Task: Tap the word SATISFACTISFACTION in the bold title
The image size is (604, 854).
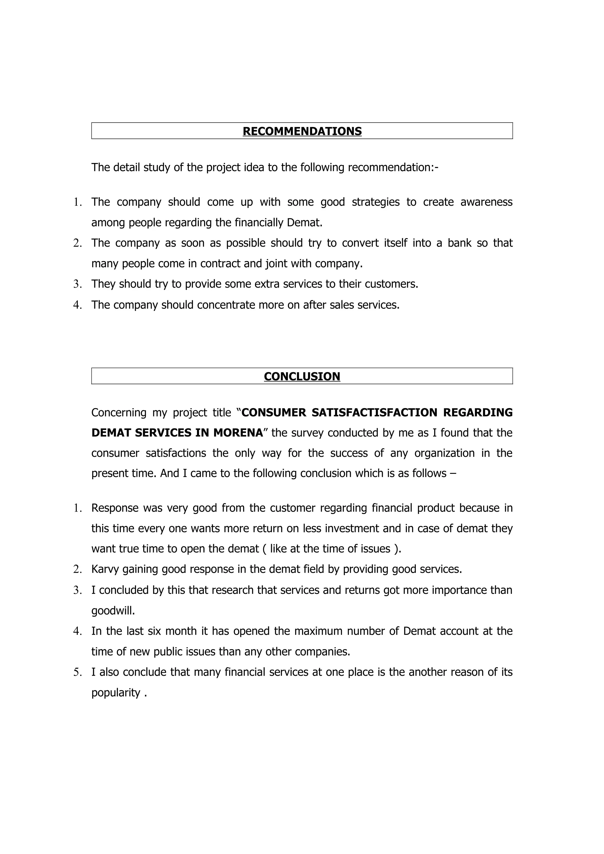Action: [x=374, y=413]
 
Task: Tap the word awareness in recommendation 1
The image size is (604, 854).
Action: [x=486, y=202]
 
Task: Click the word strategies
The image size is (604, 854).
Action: [x=375, y=202]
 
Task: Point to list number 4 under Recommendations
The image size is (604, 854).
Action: [x=77, y=305]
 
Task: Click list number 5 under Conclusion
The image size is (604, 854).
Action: [x=77, y=672]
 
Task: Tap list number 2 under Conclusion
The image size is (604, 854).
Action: [x=77, y=569]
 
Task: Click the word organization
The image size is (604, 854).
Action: [x=444, y=453]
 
